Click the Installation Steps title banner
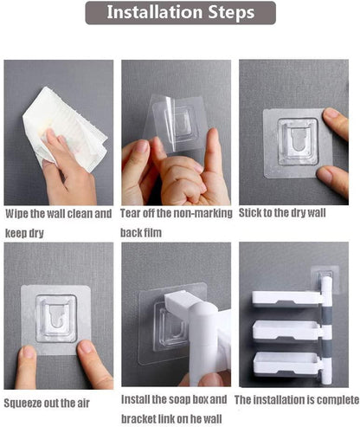[x=180, y=13]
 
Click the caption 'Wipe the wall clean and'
[x=59, y=213]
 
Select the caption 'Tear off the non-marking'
[x=176, y=213]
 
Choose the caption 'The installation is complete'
[x=296, y=400]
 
